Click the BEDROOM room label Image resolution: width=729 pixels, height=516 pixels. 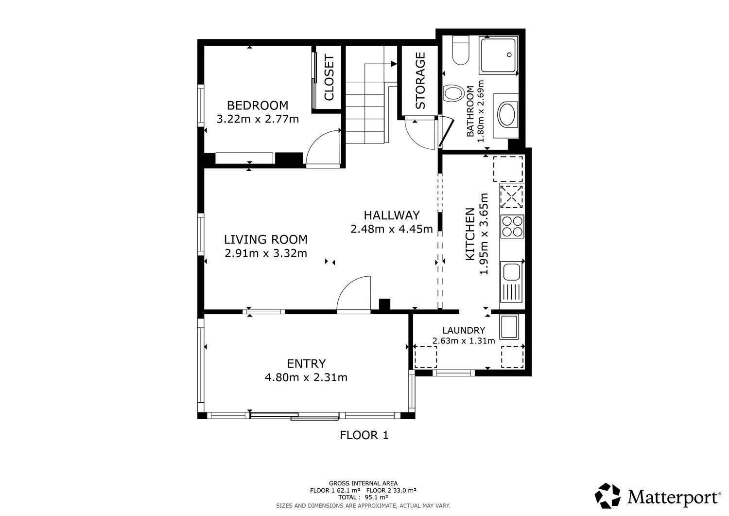tap(257, 106)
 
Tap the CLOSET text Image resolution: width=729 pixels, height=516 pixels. tap(329, 78)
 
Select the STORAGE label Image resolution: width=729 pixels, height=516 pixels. tap(420, 81)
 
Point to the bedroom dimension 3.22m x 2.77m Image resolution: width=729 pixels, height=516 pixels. tap(257, 119)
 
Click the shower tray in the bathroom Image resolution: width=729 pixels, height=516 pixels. tap(499, 56)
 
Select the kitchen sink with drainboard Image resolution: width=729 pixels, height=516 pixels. tap(511, 282)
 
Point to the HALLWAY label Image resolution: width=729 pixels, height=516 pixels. tap(391, 215)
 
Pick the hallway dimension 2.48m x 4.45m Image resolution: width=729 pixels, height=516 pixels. tap(391, 229)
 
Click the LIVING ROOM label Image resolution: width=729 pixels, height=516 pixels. tap(266, 239)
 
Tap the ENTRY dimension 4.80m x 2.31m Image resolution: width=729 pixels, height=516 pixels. tap(306, 377)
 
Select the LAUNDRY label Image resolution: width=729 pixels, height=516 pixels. tap(463, 330)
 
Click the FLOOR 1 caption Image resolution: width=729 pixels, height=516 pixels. tap(364, 435)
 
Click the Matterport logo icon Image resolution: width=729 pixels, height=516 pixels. tap(608, 496)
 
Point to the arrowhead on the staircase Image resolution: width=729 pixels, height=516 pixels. tap(393, 63)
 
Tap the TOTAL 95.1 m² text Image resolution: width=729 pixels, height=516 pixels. tap(363, 498)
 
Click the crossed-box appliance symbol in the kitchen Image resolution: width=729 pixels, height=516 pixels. tap(511, 197)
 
